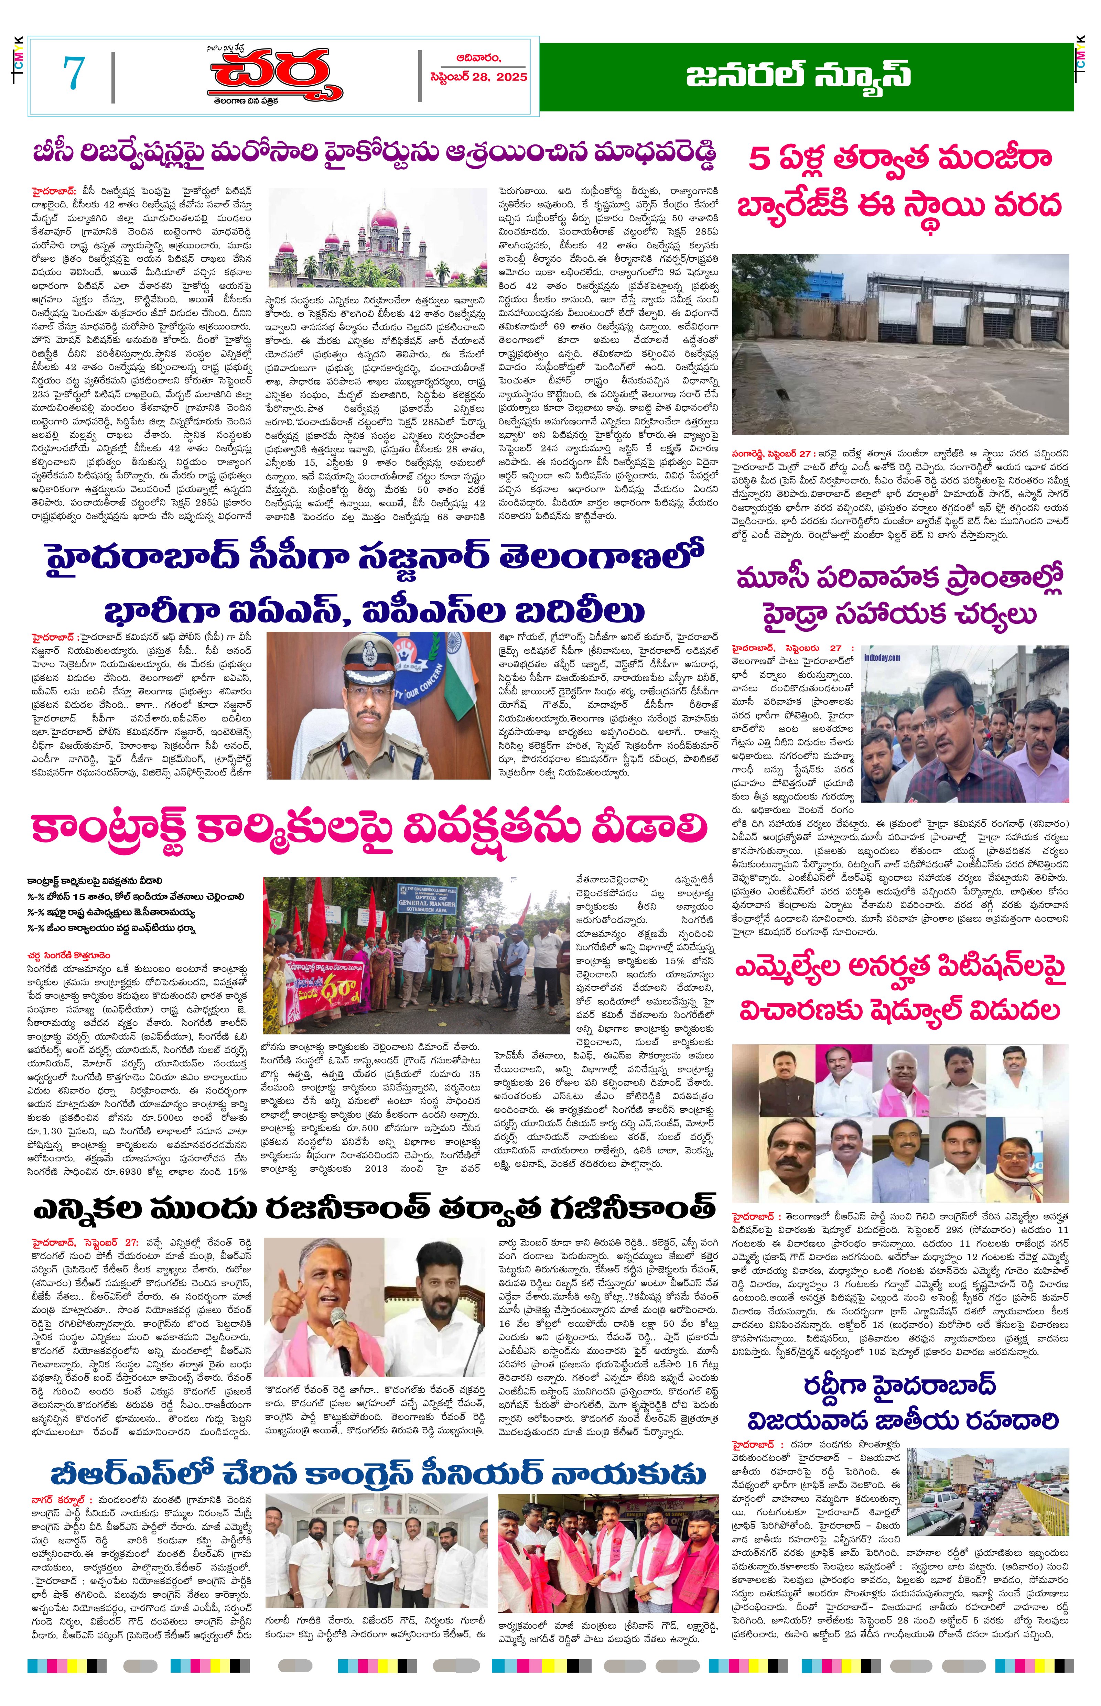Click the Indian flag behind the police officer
tap(472, 686)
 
